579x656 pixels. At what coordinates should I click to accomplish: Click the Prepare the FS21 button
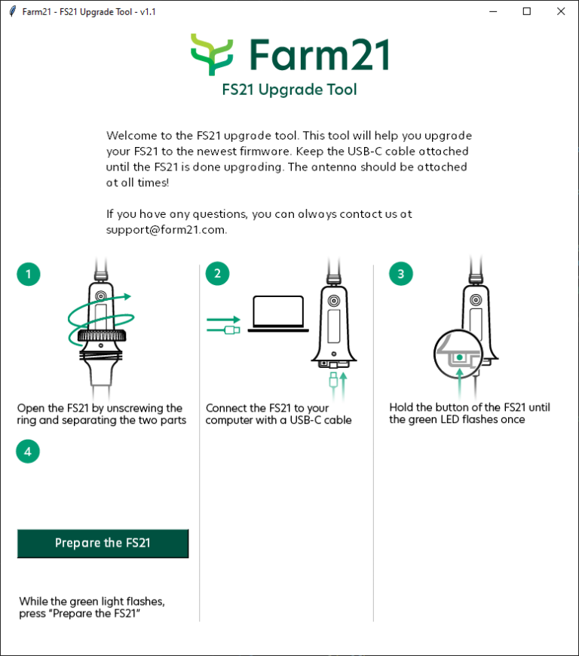click(103, 543)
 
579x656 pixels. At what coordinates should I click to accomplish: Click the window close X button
click(560, 11)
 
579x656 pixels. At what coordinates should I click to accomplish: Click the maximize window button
click(526, 11)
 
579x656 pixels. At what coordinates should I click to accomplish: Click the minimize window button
click(493, 11)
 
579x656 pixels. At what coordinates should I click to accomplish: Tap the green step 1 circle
click(29, 274)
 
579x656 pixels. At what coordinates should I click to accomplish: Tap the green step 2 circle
click(217, 274)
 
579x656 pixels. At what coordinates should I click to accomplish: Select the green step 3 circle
click(400, 274)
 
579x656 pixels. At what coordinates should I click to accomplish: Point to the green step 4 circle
click(29, 452)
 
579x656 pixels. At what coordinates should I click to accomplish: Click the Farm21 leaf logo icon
click(212, 54)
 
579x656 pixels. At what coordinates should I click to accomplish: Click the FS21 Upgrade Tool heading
click(289, 90)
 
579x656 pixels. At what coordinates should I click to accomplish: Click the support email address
click(166, 230)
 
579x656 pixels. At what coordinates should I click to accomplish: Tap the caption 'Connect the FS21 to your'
click(268, 408)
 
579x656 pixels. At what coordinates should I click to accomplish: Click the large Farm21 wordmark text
click(319, 54)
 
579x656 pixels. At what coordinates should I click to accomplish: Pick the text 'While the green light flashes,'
click(92, 601)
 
